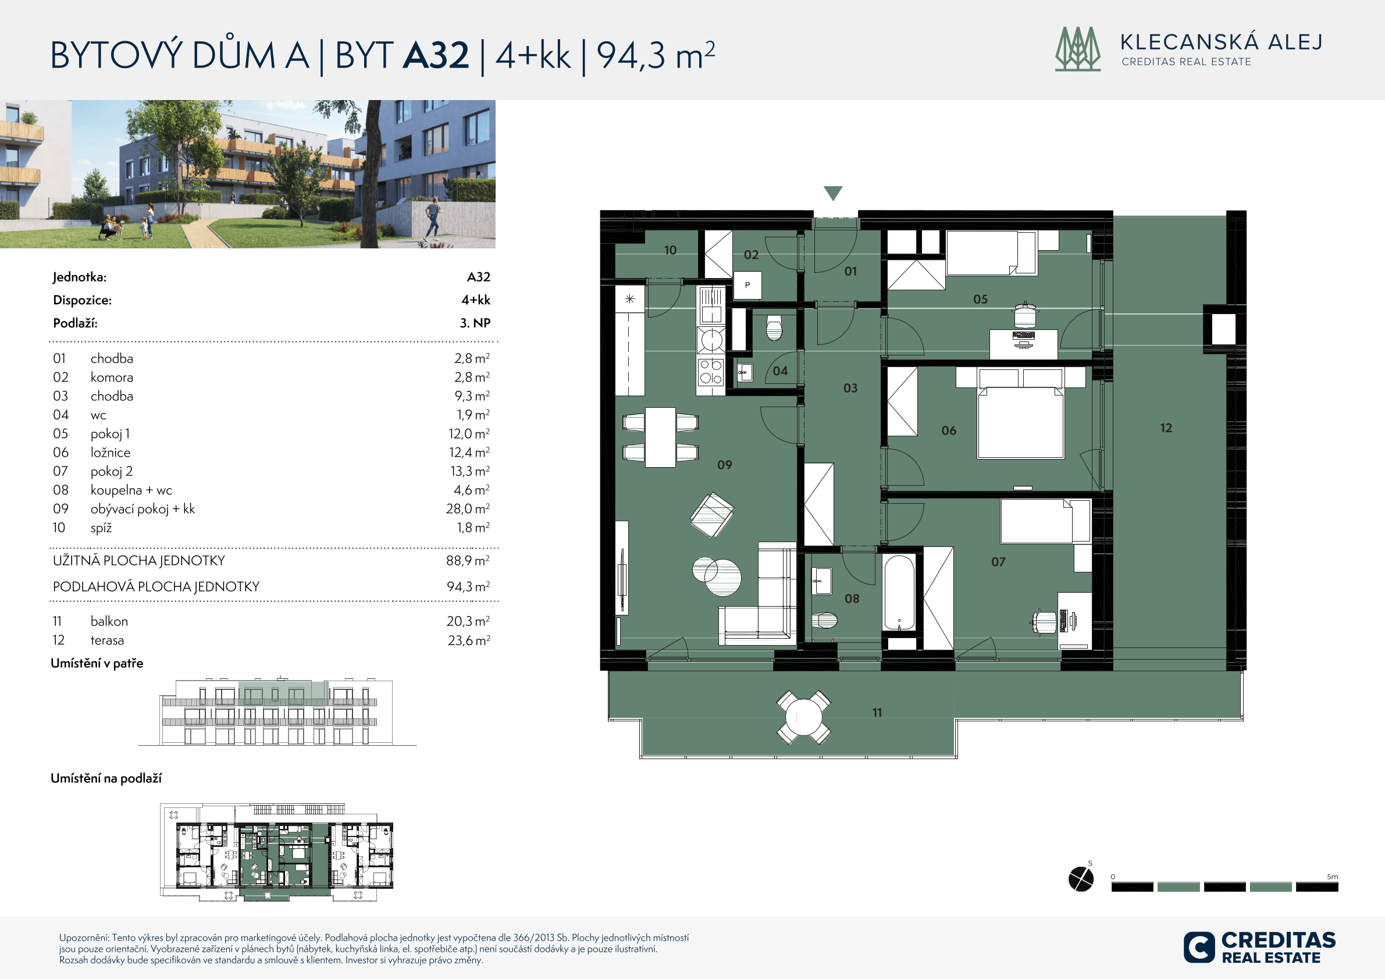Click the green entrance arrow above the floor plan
click(x=833, y=193)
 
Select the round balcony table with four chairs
click(x=803, y=717)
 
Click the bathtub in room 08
click(x=899, y=593)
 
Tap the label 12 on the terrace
click(x=1166, y=428)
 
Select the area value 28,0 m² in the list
click(x=468, y=508)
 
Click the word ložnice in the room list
click(x=111, y=453)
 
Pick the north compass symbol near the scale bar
click(x=1081, y=878)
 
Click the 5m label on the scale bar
click(x=1333, y=877)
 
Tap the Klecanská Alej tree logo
click(x=1078, y=49)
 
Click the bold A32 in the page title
click(x=436, y=55)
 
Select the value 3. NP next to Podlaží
click(x=475, y=323)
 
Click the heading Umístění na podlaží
click(x=106, y=778)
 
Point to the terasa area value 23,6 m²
click(x=469, y=640)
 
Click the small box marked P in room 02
click(x=747, y=284)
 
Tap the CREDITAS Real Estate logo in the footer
click(x=1259, y=947)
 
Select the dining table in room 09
click(x=660, y=437)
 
